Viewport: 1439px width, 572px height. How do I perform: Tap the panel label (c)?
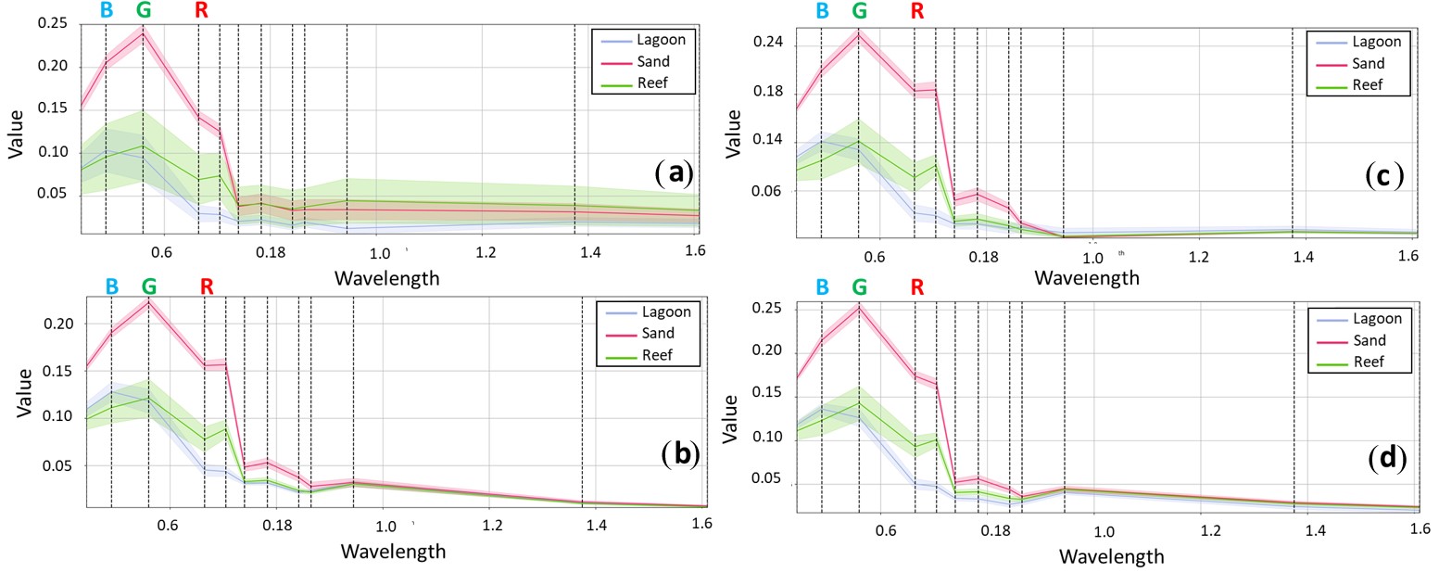[x=1384, y=175]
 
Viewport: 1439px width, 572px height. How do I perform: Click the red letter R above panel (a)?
[x=201, y=11]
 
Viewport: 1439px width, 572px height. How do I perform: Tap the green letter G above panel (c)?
[x=859, y=11]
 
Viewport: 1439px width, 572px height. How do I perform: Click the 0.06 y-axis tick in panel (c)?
[x=768, y=192]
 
